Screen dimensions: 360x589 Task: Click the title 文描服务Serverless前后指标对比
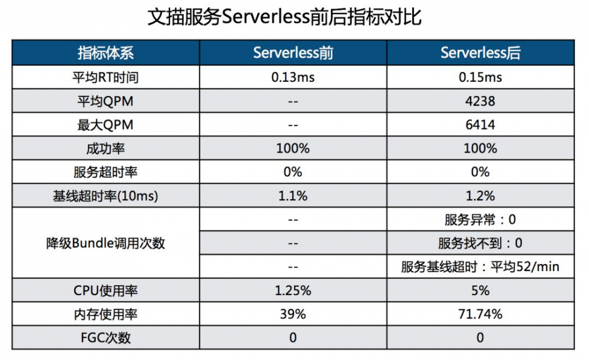pyautogui.click(x=284, y=17)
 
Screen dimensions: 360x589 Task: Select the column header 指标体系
pyautogui.click(x=105, y=53)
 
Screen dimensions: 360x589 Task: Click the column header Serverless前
pyautogui.click(x=293, y=53)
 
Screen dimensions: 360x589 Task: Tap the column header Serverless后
pyautogui.click(x=480, y=53)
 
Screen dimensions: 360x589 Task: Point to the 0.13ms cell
pyautogui.click(x=293, y=78)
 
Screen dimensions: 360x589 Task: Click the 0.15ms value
pyautogui.click(x=480, y=78)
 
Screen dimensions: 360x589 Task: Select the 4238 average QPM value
pyautogui.click(x=480, y=101)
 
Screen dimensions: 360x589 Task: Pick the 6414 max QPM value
pyautogui.click(x=480, y=125)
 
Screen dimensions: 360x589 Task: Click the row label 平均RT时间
pyautogui.click(x=105, y=78)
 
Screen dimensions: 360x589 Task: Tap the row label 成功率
pyautogui.click(x=105, y=148)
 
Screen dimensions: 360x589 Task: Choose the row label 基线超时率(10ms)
pyautogui.click(x=105, y=196)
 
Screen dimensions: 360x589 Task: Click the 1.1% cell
pyautogui.click(x=293, y=196)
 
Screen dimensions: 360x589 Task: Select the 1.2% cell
pyautogui.click(x=480, y=196)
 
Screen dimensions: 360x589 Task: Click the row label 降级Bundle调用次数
pyautogui.click(x=105, y=243)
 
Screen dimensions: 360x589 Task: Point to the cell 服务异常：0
pyautogui.click(x=480, y=220)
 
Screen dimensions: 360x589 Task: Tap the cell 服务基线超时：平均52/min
pyautogui.click(x=480, y=267)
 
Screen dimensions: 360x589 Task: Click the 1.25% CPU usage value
pyautogui.click(x=293, y=290)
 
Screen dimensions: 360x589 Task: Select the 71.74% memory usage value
pyautogui.click(x=480, y=314)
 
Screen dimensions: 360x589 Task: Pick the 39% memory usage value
pyautogui.click(x=293, y=314)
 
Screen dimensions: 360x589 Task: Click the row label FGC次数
pyautogui.click(x=105, y=338)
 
